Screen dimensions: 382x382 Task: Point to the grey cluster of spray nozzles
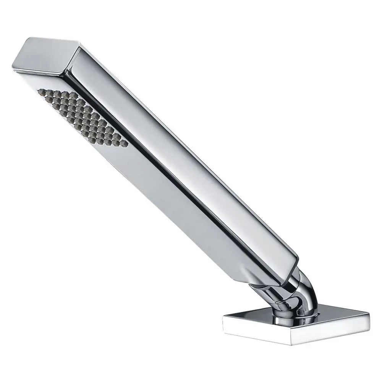[82, 117]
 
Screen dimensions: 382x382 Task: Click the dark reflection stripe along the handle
[172, 153]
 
